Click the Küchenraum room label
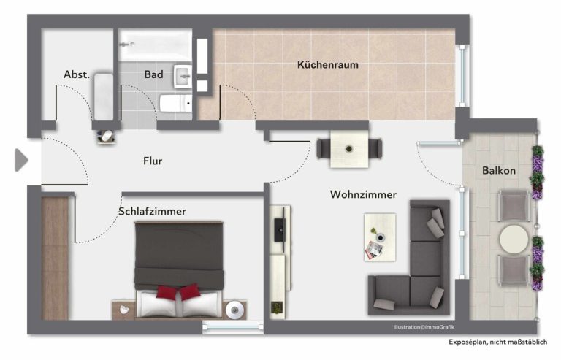coord(328,65)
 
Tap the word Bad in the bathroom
coord(153,74)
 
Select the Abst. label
coord(76,74)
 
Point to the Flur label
coord(153,161)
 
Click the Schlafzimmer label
coord(152,211)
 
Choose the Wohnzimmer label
coord(363,194)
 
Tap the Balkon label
coord(499,171)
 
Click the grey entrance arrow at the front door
coord(21,160)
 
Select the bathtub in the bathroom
coord(156,45)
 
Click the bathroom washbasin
coord(183,76)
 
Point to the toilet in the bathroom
coord(175,103)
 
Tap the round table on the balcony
coord(514,240)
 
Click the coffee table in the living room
coord(380,237)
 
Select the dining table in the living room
coord(349,149)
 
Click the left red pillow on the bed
coord(167,292)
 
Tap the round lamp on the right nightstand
coord(234,310)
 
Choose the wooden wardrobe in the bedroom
coord(55,258)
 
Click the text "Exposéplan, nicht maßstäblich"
coord(497,342)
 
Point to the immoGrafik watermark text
coord(424,327)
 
